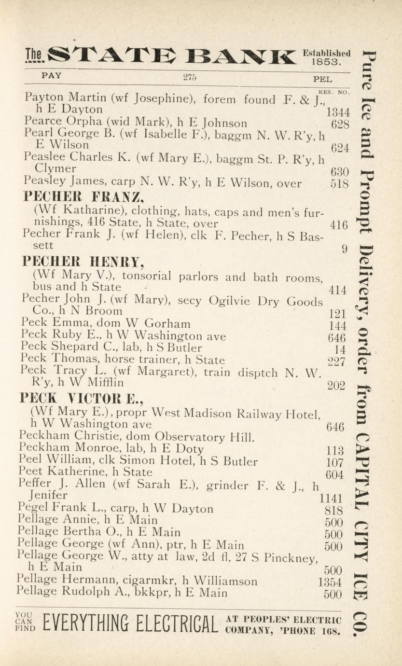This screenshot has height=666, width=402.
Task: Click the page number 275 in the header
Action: click(190, 77)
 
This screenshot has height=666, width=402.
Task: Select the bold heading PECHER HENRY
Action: click(83, 262)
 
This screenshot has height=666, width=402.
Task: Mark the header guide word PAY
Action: click(52, 76)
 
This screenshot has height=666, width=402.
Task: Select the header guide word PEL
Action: click(322, 78)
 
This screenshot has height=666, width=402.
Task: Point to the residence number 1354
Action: click(330, 582)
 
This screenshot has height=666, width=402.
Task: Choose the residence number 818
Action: click(334, 511)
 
